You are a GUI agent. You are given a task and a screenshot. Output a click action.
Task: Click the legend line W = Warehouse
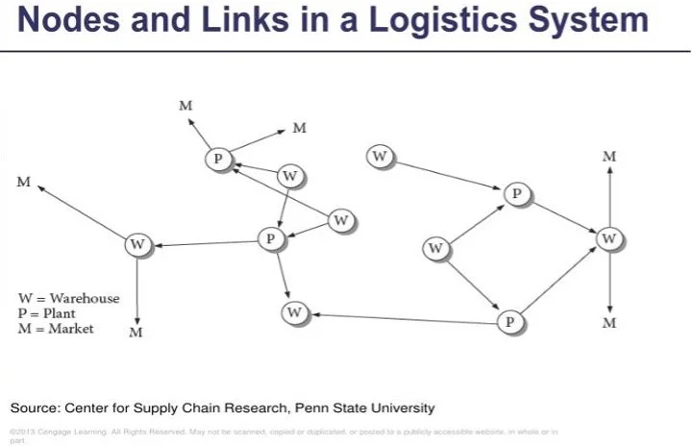click(x=69, y=298)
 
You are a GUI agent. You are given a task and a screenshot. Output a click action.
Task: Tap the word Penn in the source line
click(x=303, y=408)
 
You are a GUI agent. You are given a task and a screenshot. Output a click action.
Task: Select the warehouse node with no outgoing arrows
click(x=295, y=312)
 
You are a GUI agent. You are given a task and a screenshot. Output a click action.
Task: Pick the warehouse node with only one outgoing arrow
click(x=382, y=156)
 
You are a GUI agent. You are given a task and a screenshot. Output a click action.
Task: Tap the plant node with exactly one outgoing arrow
click(x=517, y=195)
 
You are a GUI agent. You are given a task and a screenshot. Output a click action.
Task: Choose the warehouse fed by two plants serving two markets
click(x=608, y=236)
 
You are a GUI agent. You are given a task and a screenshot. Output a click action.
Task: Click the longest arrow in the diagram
click(x=404, y=317)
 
